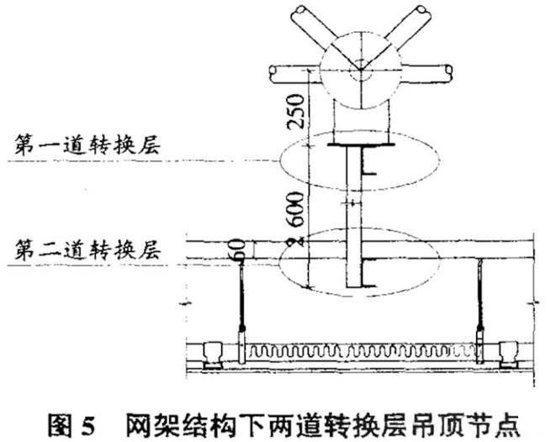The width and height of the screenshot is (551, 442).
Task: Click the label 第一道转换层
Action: pyautogui.click(x=90, y=145)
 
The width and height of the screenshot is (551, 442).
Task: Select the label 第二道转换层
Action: pyautogui.click(x=89, y=249)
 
